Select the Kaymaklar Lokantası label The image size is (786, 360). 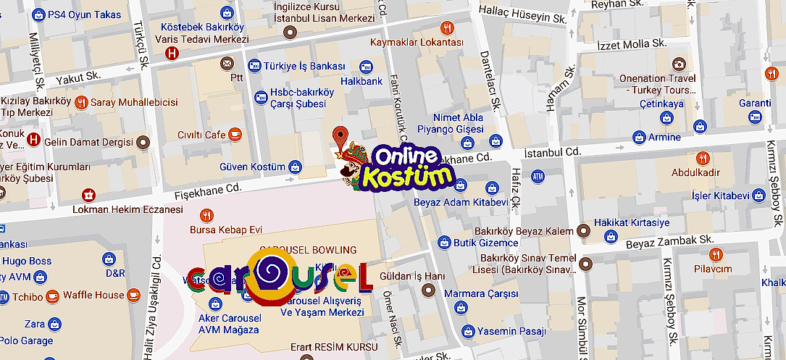[417, 43]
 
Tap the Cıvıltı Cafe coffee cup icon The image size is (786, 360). [235, 135]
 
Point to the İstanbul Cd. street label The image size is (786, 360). [553, 153]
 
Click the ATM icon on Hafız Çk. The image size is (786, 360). [538, 176]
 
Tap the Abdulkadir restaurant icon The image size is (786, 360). [701, 158]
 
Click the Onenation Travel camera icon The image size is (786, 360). [679, 64]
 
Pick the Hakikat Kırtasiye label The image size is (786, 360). [632, 223]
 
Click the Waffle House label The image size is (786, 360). [93, 295]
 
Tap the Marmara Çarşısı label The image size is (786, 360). [492, 293]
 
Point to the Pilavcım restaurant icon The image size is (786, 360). [716, 254]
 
